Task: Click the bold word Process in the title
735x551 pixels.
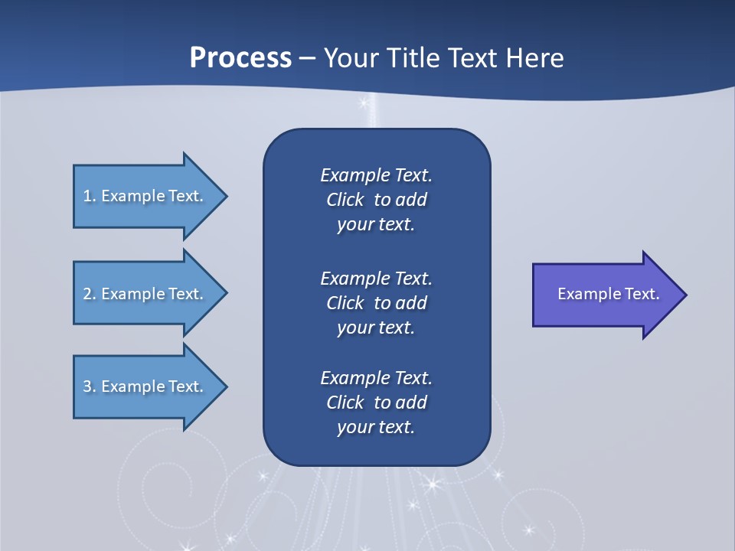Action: click(240, 58)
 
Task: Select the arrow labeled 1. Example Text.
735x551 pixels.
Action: click(145, 196)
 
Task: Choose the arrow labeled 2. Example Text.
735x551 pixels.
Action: click(145, 294)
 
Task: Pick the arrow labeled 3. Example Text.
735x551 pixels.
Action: click(145, 386)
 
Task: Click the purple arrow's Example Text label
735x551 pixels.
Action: click(608, 294)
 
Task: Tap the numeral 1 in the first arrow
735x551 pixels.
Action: click(87, 196)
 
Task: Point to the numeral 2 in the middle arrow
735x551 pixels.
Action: click(87, 294)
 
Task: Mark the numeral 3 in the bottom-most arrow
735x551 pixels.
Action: click(87, 386)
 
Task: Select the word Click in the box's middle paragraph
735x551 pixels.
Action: click(345, 303)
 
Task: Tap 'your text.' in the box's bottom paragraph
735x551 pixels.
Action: click(376, 427)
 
